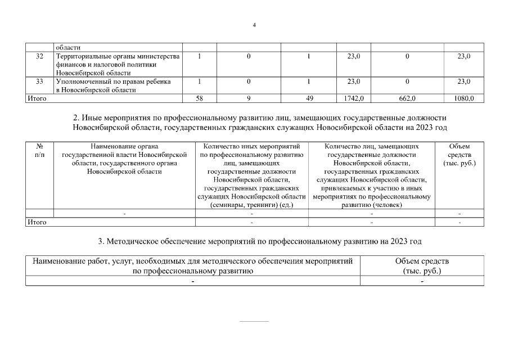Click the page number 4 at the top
click(x=254, y=25)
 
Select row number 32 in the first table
click(x=39, y=56)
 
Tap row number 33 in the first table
click(x=39, y=82)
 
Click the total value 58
click(x=199, y=98)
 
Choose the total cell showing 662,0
click(x=407, y=98)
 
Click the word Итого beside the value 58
click(x=37, y=98)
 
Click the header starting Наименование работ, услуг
click(x=192, y=266)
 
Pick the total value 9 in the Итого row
click(x=249, y=98)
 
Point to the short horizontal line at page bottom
click(x=254, y=322)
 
